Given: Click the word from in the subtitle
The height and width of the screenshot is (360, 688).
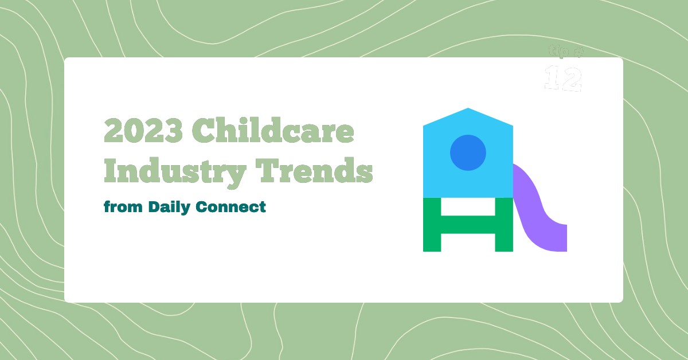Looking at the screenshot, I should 123,206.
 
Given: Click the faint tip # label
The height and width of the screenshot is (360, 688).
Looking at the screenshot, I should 565,52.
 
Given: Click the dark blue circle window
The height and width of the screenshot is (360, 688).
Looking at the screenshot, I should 468,152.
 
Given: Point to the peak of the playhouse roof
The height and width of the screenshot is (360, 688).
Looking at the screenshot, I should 468,109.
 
